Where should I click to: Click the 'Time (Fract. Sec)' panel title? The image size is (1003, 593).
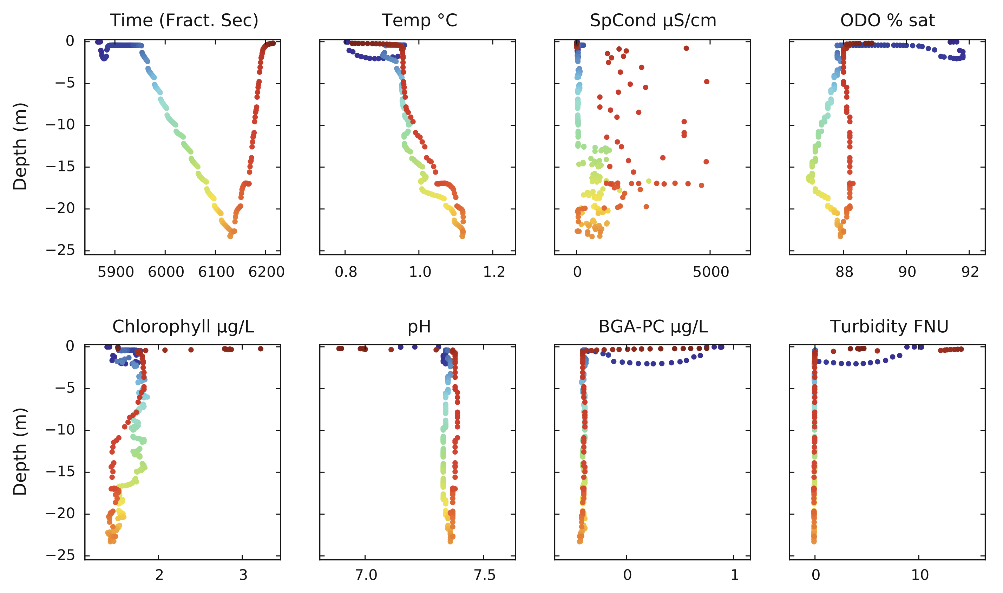point(184,20)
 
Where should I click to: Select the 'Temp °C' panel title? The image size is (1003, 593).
point(419,20)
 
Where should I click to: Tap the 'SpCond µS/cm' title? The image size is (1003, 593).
point(653,20)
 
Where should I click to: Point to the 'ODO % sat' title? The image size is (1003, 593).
point(887,20)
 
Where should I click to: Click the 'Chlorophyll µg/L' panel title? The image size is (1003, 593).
point(183,326)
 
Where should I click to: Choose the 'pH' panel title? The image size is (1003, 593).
point(419,326)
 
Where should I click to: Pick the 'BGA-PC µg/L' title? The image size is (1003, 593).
point(653,326)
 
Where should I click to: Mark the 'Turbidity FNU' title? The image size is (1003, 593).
point(889,326)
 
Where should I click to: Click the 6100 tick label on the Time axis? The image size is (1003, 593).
point(216,272)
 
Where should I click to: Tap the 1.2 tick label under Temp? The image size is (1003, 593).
point(494,272)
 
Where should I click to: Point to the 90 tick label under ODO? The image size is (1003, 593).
point(907,272)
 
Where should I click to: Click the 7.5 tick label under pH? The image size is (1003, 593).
point(485,575)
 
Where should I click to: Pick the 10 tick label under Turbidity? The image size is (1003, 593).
point(919,575)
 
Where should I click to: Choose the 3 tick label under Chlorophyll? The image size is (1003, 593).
point(243,575)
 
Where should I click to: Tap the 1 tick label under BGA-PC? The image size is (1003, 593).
point(735,575)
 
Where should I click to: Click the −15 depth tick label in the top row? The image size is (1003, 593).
point(60,167)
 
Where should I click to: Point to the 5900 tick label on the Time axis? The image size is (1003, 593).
point(116,272)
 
